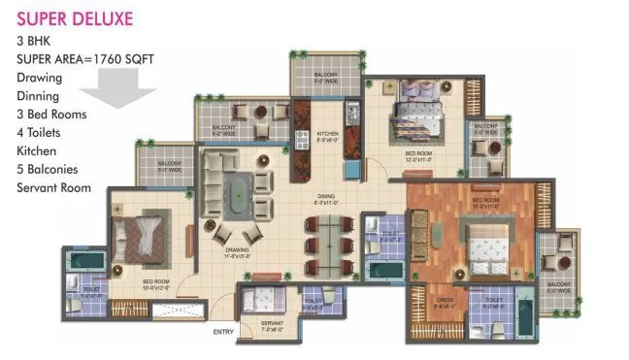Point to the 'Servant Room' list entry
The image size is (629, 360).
point(54,187)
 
